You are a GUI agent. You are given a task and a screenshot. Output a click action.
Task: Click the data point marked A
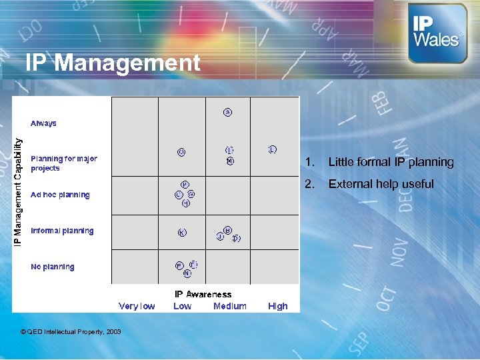(227, 112)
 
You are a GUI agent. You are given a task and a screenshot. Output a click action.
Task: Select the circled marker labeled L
(273, 149)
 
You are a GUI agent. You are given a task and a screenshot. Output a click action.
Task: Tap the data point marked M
(230, 161)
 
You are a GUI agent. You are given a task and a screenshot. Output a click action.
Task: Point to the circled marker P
(185, 184)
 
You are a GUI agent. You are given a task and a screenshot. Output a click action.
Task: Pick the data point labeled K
(182, 233)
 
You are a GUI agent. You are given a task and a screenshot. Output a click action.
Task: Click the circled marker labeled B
(227, 230)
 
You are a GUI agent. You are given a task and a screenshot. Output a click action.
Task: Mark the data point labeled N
(187, 273)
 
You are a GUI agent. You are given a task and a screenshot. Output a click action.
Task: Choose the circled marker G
(191, 194)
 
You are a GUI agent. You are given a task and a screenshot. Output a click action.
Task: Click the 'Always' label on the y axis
(43, 123)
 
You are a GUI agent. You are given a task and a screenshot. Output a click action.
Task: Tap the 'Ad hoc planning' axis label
(60, 195)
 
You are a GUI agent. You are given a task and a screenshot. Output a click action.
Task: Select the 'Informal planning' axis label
(62, 231)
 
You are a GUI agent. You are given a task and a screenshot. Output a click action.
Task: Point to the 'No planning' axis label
(53, 267)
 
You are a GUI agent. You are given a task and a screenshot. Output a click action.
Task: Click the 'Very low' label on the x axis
(137, 306)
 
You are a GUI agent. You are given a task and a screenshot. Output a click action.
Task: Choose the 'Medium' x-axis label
(229, 306)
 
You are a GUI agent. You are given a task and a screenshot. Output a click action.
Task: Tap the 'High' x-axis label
(277, 306)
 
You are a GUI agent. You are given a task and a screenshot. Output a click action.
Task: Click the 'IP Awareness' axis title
(203, 294)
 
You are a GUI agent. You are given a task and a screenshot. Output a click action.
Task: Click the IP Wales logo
(437, 33)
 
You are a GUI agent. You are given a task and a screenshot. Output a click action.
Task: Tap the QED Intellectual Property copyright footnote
(71, 331)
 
